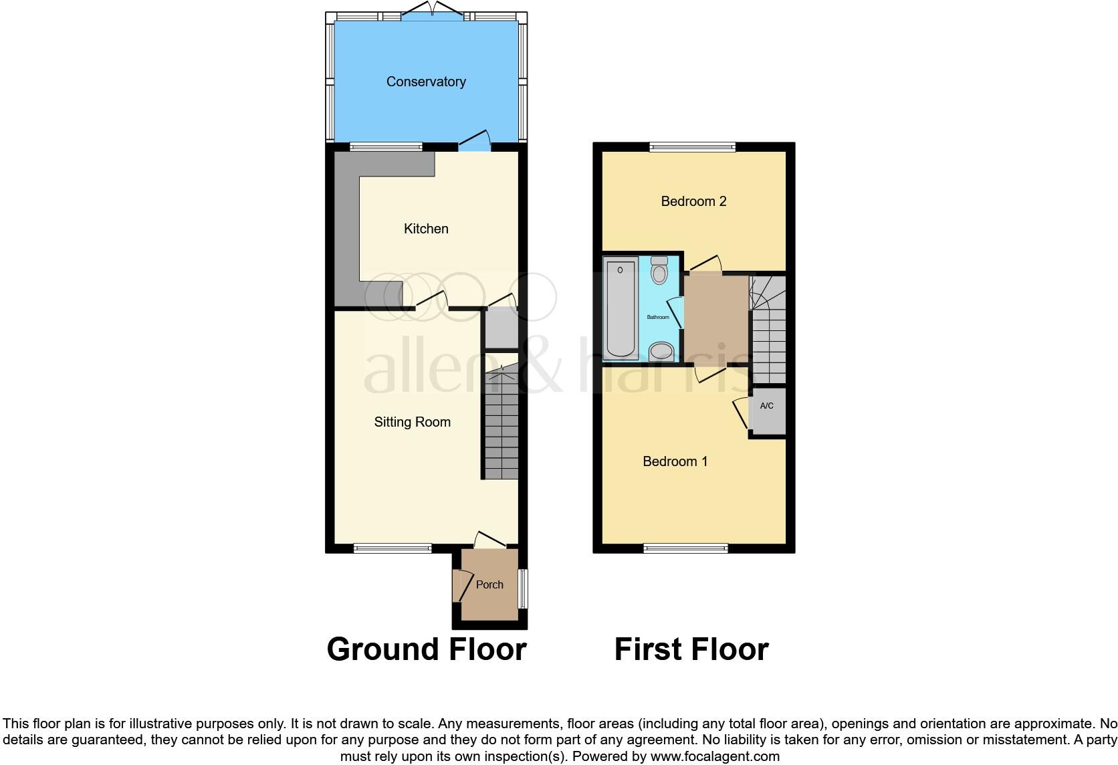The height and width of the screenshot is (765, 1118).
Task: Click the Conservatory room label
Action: [426, 82]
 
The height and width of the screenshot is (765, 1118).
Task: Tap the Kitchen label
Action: [426, 229]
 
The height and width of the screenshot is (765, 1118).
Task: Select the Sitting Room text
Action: [412, 422]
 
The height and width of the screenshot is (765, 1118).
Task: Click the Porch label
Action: [489, 584]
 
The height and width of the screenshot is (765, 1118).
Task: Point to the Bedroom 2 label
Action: [693, 201]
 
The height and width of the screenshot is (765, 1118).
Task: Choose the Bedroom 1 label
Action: [675, 461]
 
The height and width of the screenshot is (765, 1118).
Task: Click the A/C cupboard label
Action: [767, 406]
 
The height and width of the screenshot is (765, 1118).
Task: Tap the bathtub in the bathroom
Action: [621, 309]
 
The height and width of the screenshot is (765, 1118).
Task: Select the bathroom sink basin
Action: [661, 350]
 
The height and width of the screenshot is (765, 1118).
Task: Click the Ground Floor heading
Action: [427, 649]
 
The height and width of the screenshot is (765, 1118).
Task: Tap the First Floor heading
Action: [691, 649]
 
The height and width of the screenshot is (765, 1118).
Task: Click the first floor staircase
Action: [768, 331]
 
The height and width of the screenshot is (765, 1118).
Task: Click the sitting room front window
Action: [393, 548]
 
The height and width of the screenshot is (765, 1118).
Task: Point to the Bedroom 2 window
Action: [692, 146]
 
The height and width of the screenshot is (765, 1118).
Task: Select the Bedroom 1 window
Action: [685, 548]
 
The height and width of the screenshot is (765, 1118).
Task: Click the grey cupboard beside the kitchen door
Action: [501, 330]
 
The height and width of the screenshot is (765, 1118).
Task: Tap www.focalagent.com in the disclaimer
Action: [715, 756]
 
